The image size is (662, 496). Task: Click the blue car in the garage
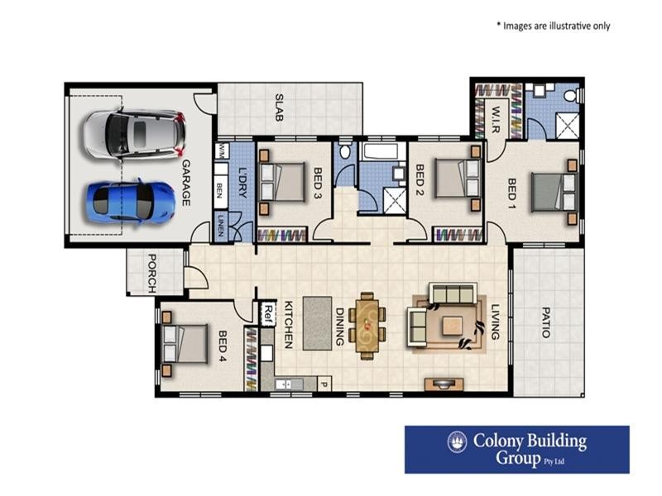click(x=132, y=200)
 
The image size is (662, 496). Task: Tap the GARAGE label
click(x=186, y=183)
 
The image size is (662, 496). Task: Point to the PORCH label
click(x=152, y=272)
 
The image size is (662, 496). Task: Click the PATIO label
click(x=545, y=323)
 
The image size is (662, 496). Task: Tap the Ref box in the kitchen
click(x=267, y=312)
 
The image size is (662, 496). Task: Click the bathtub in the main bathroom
click(x=381, y=152)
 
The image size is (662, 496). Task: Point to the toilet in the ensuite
click(x=570, y=96)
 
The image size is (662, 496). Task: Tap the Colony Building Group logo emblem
click(x=457, y=443)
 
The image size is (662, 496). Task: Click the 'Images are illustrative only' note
click(x=553, y=26)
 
